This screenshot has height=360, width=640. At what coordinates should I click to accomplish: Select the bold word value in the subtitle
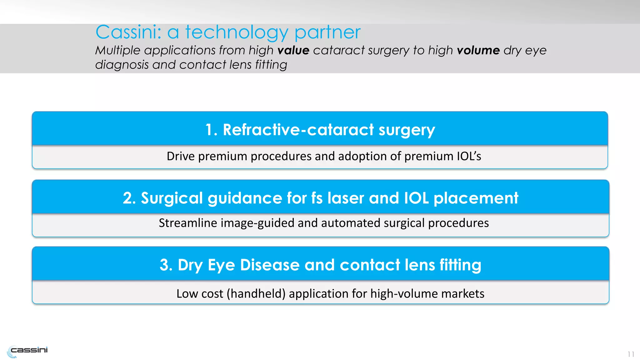pyautogui.click(x=293, y=50)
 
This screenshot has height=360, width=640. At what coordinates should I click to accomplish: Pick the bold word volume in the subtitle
pyautogui.click(x=478, y=50)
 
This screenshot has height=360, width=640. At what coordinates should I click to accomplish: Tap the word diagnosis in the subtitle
pyautogui.click(x=122, y=65)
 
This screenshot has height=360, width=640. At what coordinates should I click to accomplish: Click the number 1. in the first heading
pyautogui.click(x=211, y=130)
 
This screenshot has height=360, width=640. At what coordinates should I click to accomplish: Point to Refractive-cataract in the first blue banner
pyautogui.click(x=298, y=130)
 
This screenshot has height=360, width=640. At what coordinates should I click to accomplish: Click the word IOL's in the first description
pyautogui.click(x=469, y=156)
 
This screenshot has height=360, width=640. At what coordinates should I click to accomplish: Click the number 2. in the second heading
pyautogui.click(x=129, y=198)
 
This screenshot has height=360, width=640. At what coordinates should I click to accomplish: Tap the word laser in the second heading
pyautogui.click(x=346, y=198)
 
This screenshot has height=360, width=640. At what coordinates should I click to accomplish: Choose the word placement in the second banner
pyautogui.click(x=476, y=198)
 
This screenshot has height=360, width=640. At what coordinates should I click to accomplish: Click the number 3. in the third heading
pyautogui.click(x=166, y=265)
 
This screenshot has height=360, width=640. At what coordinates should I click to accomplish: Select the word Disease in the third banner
pyautogui.click(x=270, y=265)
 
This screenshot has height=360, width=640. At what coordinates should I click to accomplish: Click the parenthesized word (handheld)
pyautogui.click(x=256, y=294)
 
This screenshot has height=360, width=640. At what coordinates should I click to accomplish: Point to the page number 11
pyautogui.click(x=631, y=354)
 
